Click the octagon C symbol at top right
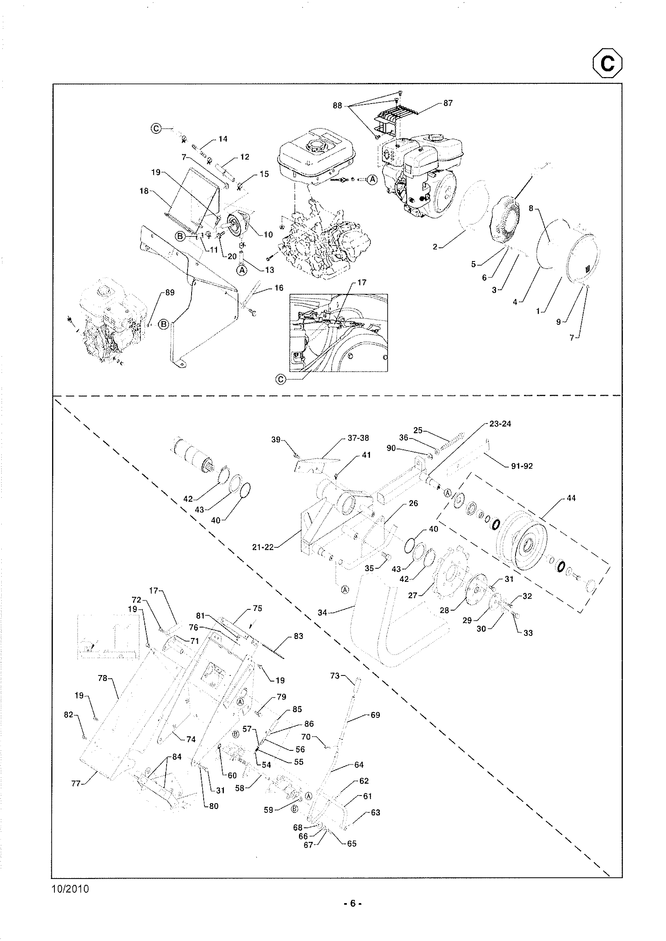coord(607,63)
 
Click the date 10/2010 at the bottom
coord(70,889)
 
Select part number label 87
coord(448,103)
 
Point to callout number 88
coord(337,106)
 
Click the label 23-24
coord(500,424)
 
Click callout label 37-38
coord(358,438)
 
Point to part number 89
coord(170,293)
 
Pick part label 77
coord(76,784)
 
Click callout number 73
coord(335,675)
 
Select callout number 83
coord(298,636)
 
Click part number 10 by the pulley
coord(268,235)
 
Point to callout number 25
coord(418,430)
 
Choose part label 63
coord(375,812)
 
